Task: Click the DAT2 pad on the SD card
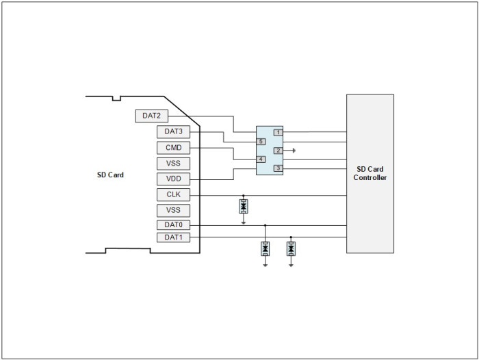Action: click(151, 116)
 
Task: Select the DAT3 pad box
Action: click(173, 131)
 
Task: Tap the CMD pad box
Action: click(173, 148)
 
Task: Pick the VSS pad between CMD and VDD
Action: click(173, 164)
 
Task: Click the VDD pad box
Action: click(173, 179)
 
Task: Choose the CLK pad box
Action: click(173, 194)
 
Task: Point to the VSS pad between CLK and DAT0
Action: click(173, 211)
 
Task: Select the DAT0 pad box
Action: click(173, 225)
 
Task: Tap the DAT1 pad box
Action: click(173, 237)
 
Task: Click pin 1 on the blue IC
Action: click(278, 133)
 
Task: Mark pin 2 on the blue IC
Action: click(278, 151)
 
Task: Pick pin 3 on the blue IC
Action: click(278, 168)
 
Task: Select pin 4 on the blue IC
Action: click(261, 159)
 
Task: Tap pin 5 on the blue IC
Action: click(261, 142)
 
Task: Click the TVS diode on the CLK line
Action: click(244, 206)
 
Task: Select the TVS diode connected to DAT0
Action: click(266, 248)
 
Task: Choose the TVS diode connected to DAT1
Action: click(291, 248)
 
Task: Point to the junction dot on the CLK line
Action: click(244, 195)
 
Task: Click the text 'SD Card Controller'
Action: click(370, 173)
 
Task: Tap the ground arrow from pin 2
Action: click(289, 151)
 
